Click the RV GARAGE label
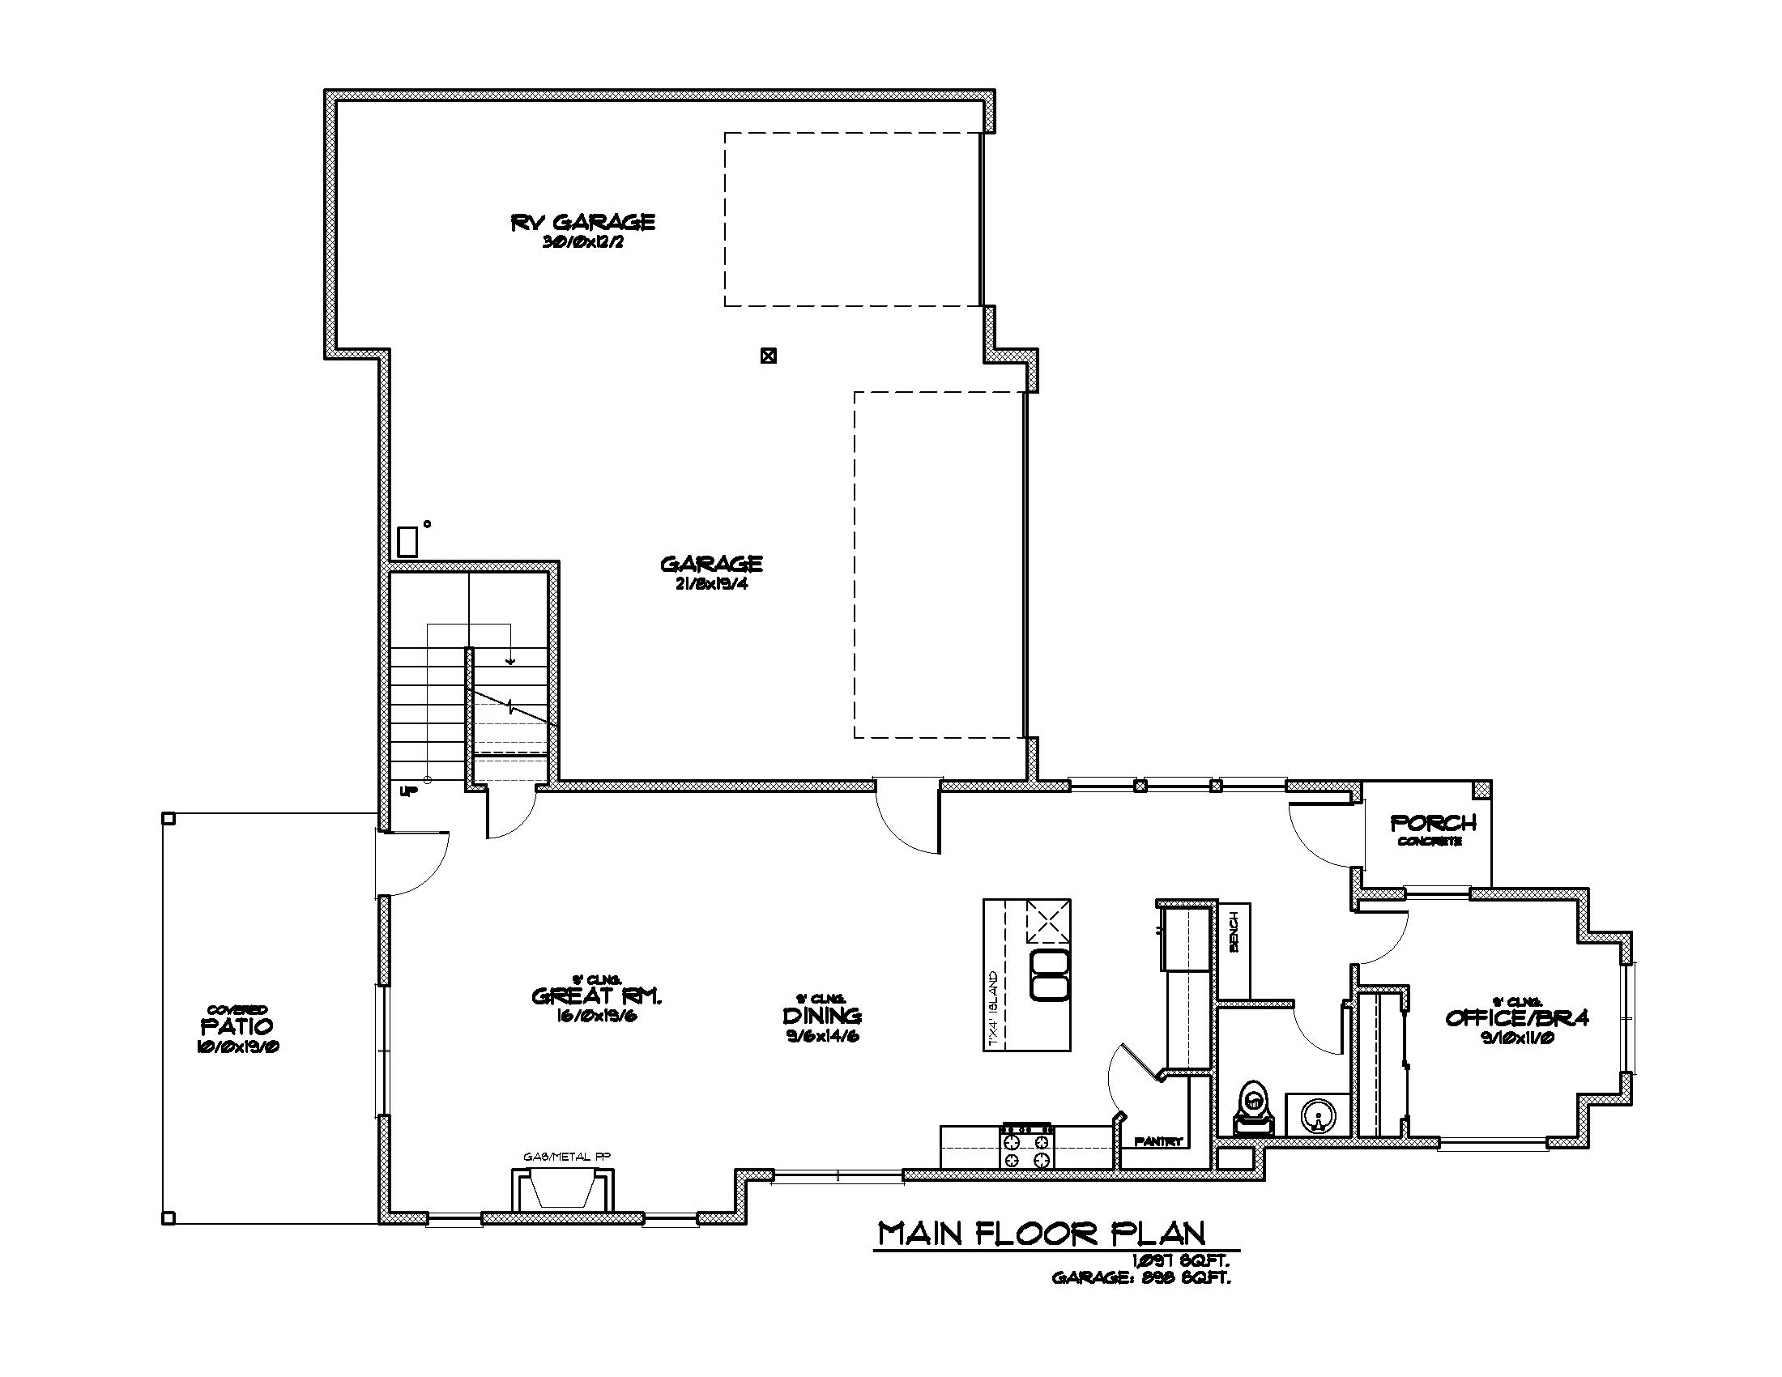582,222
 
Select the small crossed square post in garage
768,356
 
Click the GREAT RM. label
595,996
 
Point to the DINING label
821,1016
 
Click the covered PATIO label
237,1025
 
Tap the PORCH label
1433,823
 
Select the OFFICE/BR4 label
1517,1017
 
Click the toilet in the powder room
1253,1111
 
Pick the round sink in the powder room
1316,1115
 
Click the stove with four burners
1027,1148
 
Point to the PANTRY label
1157,1142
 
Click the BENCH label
1233,932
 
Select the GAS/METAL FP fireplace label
566,1156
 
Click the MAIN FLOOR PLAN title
1040,1233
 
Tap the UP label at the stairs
408,791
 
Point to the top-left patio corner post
168,818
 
